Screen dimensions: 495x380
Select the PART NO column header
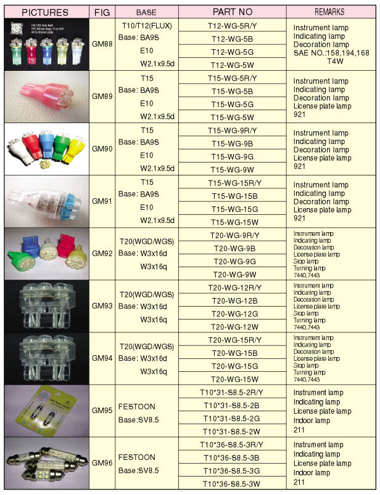[237, 12]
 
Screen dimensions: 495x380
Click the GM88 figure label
[102, 45]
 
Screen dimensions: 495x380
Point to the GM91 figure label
[102, 201]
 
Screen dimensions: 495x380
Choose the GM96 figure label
[102, 462]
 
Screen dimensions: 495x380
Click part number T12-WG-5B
[237, 38]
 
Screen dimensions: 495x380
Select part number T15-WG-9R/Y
[237, 131]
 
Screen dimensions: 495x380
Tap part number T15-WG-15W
[237, 222]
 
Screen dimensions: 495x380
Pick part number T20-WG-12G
[237, 313]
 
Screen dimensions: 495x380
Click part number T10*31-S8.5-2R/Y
[237, 392]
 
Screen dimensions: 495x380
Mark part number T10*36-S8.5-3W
[237, 483]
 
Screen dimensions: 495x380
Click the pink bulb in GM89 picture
[44, 98]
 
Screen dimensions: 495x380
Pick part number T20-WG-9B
[237, 248]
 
